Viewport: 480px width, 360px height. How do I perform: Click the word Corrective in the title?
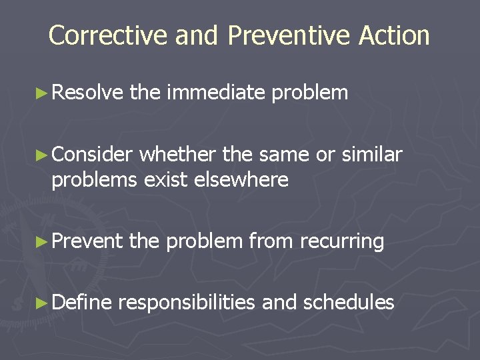point(109,35)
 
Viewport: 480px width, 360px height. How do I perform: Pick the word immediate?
point(217,93)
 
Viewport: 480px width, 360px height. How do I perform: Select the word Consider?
point(93,155)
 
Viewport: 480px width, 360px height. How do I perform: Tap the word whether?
point(178,155)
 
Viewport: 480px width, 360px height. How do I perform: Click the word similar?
point(371,155)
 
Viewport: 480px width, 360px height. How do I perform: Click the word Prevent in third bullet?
point(87,241)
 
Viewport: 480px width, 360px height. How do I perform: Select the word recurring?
point(342,241)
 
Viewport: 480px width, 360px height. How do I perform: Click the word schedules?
point(349,303)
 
